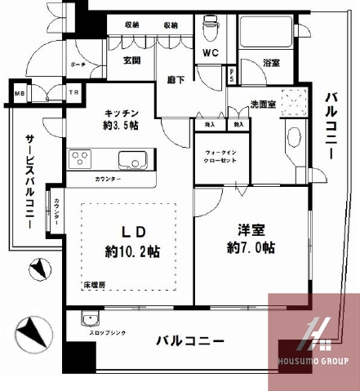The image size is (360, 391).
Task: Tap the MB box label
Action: [x=17, y=94]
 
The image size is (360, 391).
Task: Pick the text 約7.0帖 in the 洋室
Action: [x=251, y=246]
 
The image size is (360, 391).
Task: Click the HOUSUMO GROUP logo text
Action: [x=314, y=360]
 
